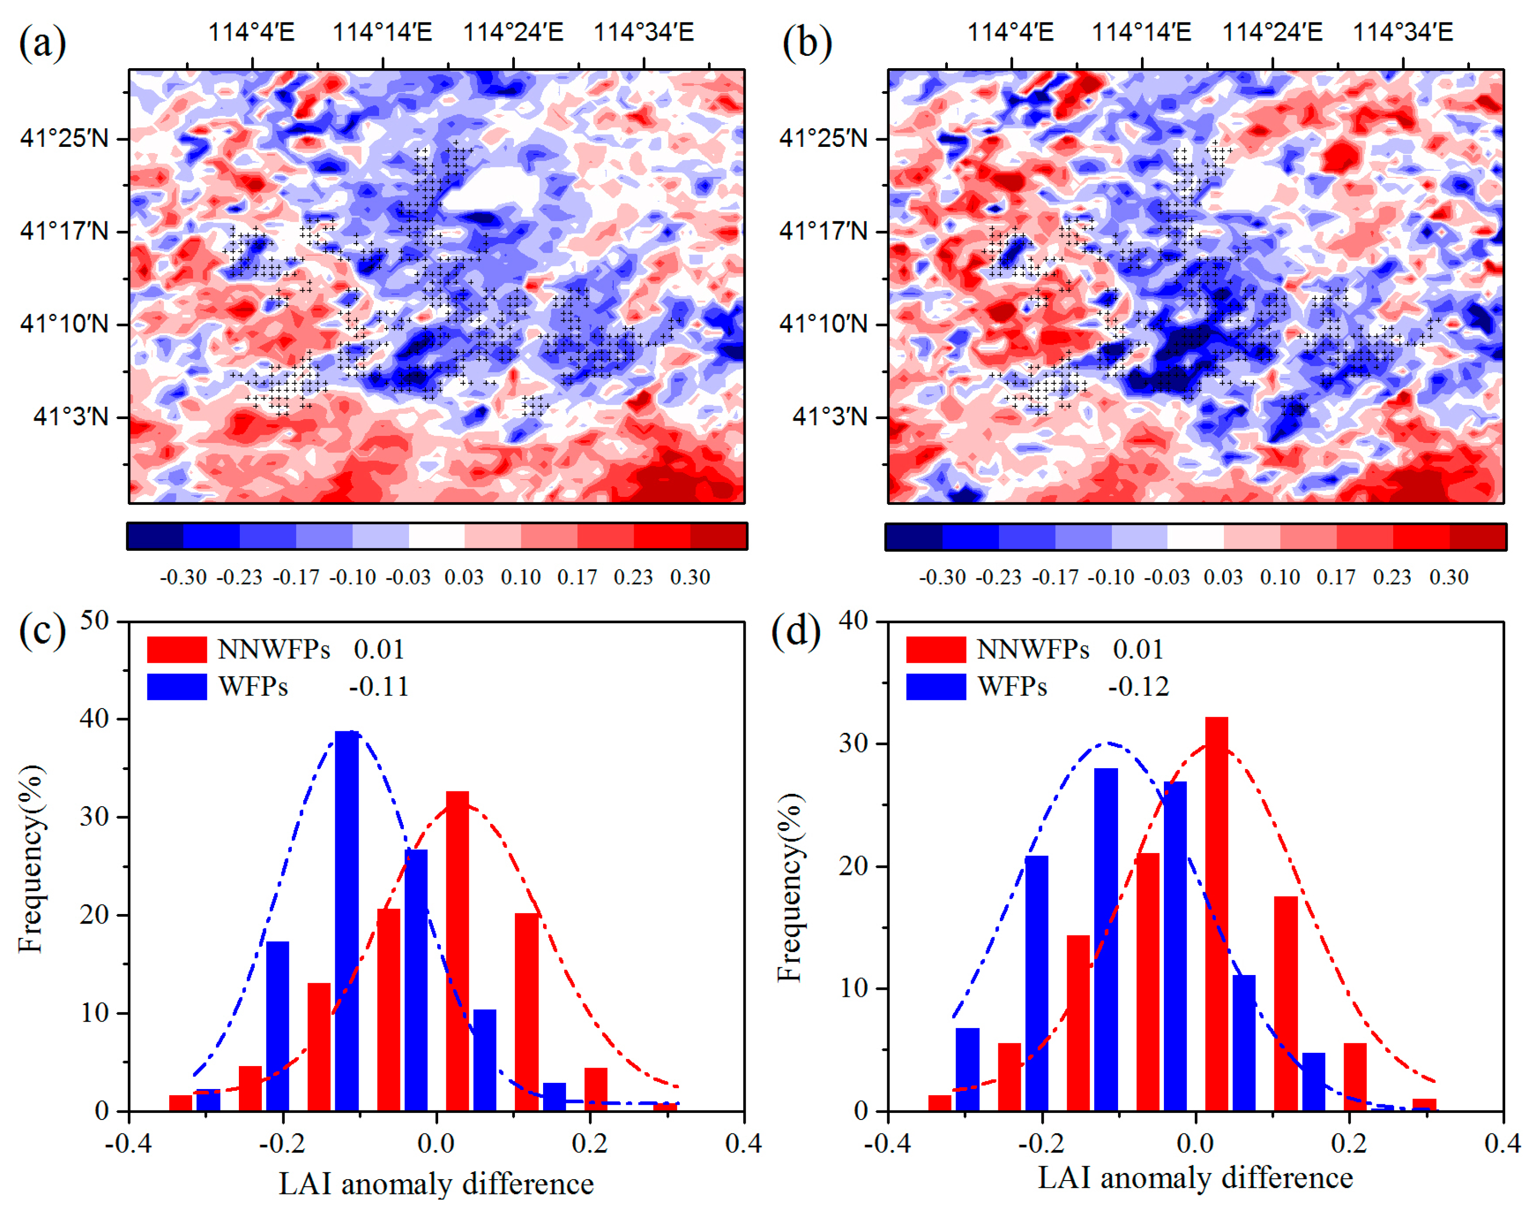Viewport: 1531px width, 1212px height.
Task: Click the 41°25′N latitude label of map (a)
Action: point(64,138)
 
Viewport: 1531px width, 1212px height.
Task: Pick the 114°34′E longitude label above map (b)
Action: point(1403,32)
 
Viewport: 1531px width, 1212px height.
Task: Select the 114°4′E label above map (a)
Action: point(251,32)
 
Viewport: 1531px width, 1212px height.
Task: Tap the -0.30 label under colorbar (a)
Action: point(183,577)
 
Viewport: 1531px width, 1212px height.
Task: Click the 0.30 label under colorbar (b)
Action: point(1448,577)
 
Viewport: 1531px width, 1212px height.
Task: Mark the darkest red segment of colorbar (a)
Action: point(718,536)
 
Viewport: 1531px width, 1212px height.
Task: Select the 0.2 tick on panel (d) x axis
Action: point(1349,1144)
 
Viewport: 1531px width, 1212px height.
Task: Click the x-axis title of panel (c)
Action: point(436,1183)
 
